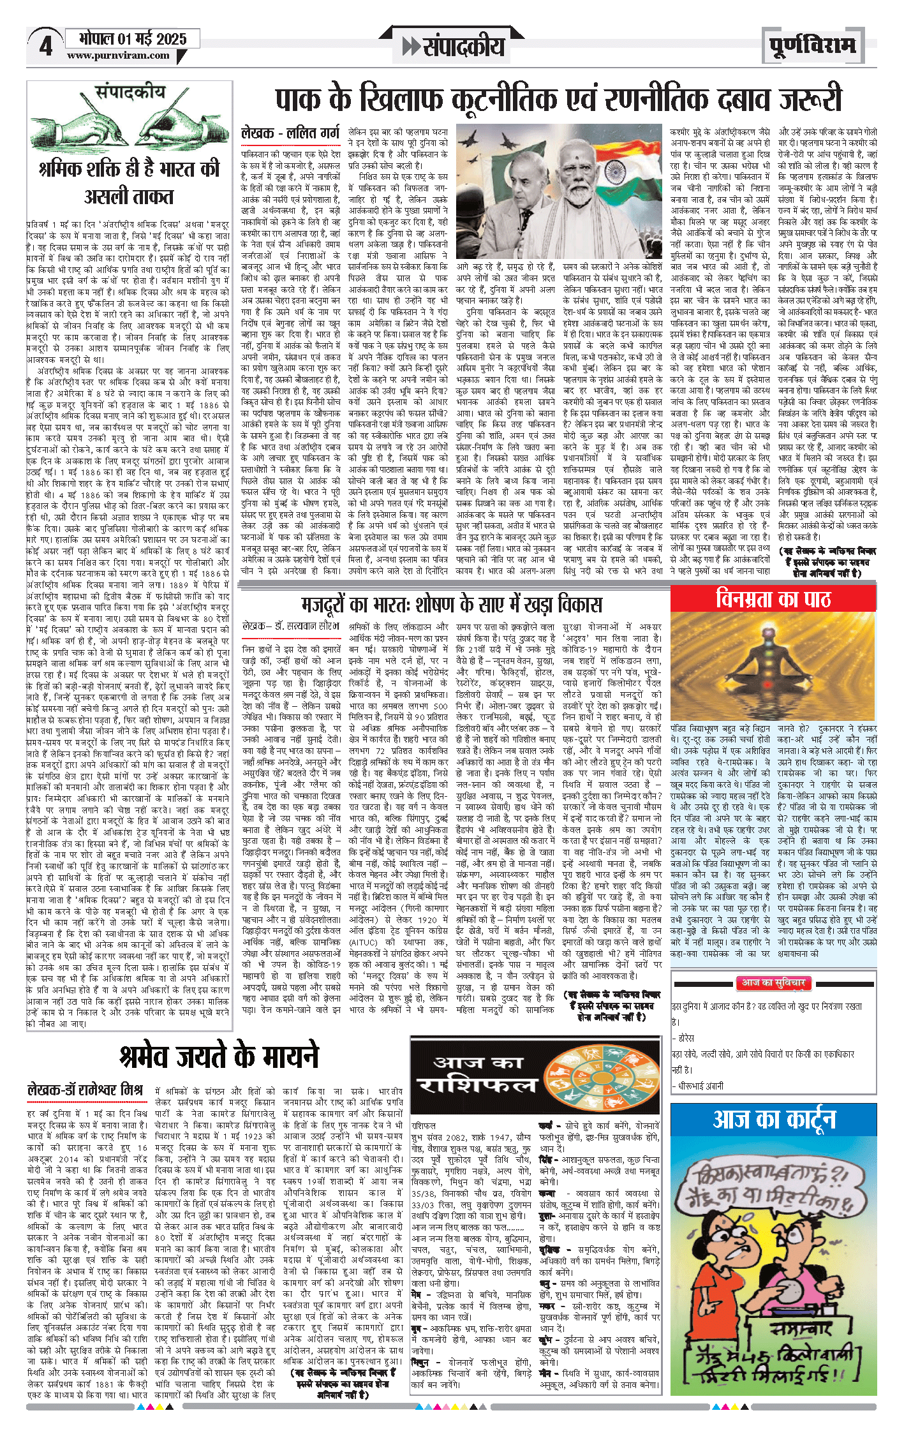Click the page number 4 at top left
46,46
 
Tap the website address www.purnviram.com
118,56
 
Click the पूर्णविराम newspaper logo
812,45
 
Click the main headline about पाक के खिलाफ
558,100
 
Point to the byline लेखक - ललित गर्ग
290,133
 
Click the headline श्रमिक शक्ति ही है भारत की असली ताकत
129,182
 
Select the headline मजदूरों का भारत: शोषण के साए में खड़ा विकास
452,603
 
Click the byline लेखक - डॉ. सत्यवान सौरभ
290,626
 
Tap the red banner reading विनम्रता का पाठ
773,599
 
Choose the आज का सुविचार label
773,983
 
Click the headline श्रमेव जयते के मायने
218,1056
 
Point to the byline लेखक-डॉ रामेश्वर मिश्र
85,1090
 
